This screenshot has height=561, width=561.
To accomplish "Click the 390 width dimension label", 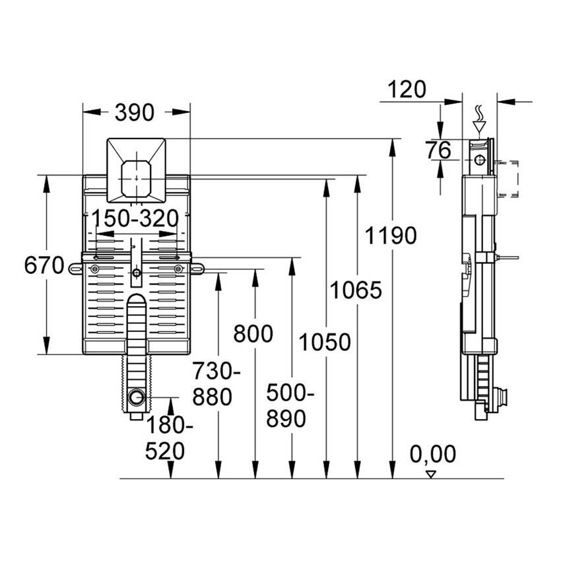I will pyautogui.click(x=135, y=113).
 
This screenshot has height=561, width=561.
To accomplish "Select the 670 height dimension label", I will pyautogui.click(x=44, y=266).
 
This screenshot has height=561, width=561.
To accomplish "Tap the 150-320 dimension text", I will pyautogui.click(x=135, y=217).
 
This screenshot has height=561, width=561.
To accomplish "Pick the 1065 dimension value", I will pyautogui.click(x=356, y=290).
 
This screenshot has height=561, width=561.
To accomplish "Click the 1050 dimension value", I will pyautogui.click(x=324, y=342).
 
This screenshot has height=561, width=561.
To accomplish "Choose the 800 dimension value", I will pyautogui.click(x=253, y=334).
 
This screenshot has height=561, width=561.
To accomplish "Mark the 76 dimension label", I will pyautogui.click(x=438, y=150).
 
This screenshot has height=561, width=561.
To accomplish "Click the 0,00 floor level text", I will pyautogui.click(x=432, y=454).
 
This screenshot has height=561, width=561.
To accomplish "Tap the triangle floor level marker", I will pyautogui.click(x=432, y=473).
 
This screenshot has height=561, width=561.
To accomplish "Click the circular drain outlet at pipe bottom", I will pyautogui.click(x=137, y=398).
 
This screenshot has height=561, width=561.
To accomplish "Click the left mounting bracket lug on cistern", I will pyautogui.click(x=74, y=268).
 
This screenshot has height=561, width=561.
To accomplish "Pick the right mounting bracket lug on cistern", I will pyautogui.click(x=197, y=268).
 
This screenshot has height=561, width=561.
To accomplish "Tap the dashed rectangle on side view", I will pyautogui.click(x=510, y=179).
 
